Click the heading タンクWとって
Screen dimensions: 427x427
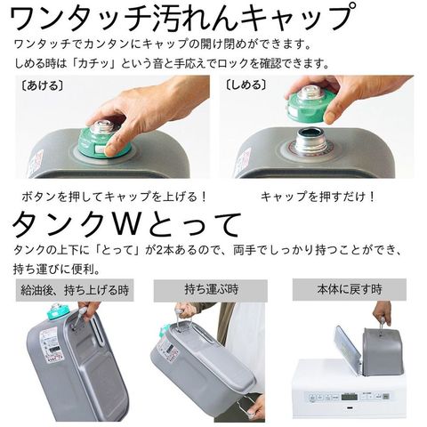tap(126, 224)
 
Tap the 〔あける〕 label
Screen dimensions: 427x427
tap(43, 85)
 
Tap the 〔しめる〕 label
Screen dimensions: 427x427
tap(246, 85)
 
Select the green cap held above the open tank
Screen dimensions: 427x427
tap(310, 104)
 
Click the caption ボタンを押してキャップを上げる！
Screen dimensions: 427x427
tap(114, 197)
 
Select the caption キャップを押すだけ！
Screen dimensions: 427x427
tap(318, 197)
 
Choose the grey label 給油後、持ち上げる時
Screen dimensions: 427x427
tap(75, 290)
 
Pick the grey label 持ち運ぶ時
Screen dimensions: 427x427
tap(211, 289)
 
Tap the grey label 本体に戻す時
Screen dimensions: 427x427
tap(350, 289)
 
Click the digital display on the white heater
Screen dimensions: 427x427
tap(349, 396)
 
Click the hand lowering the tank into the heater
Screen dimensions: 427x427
tap(382, 313)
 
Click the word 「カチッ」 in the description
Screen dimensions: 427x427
tap(94, 63)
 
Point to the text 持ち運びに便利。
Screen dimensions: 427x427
tap(57, 270)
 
